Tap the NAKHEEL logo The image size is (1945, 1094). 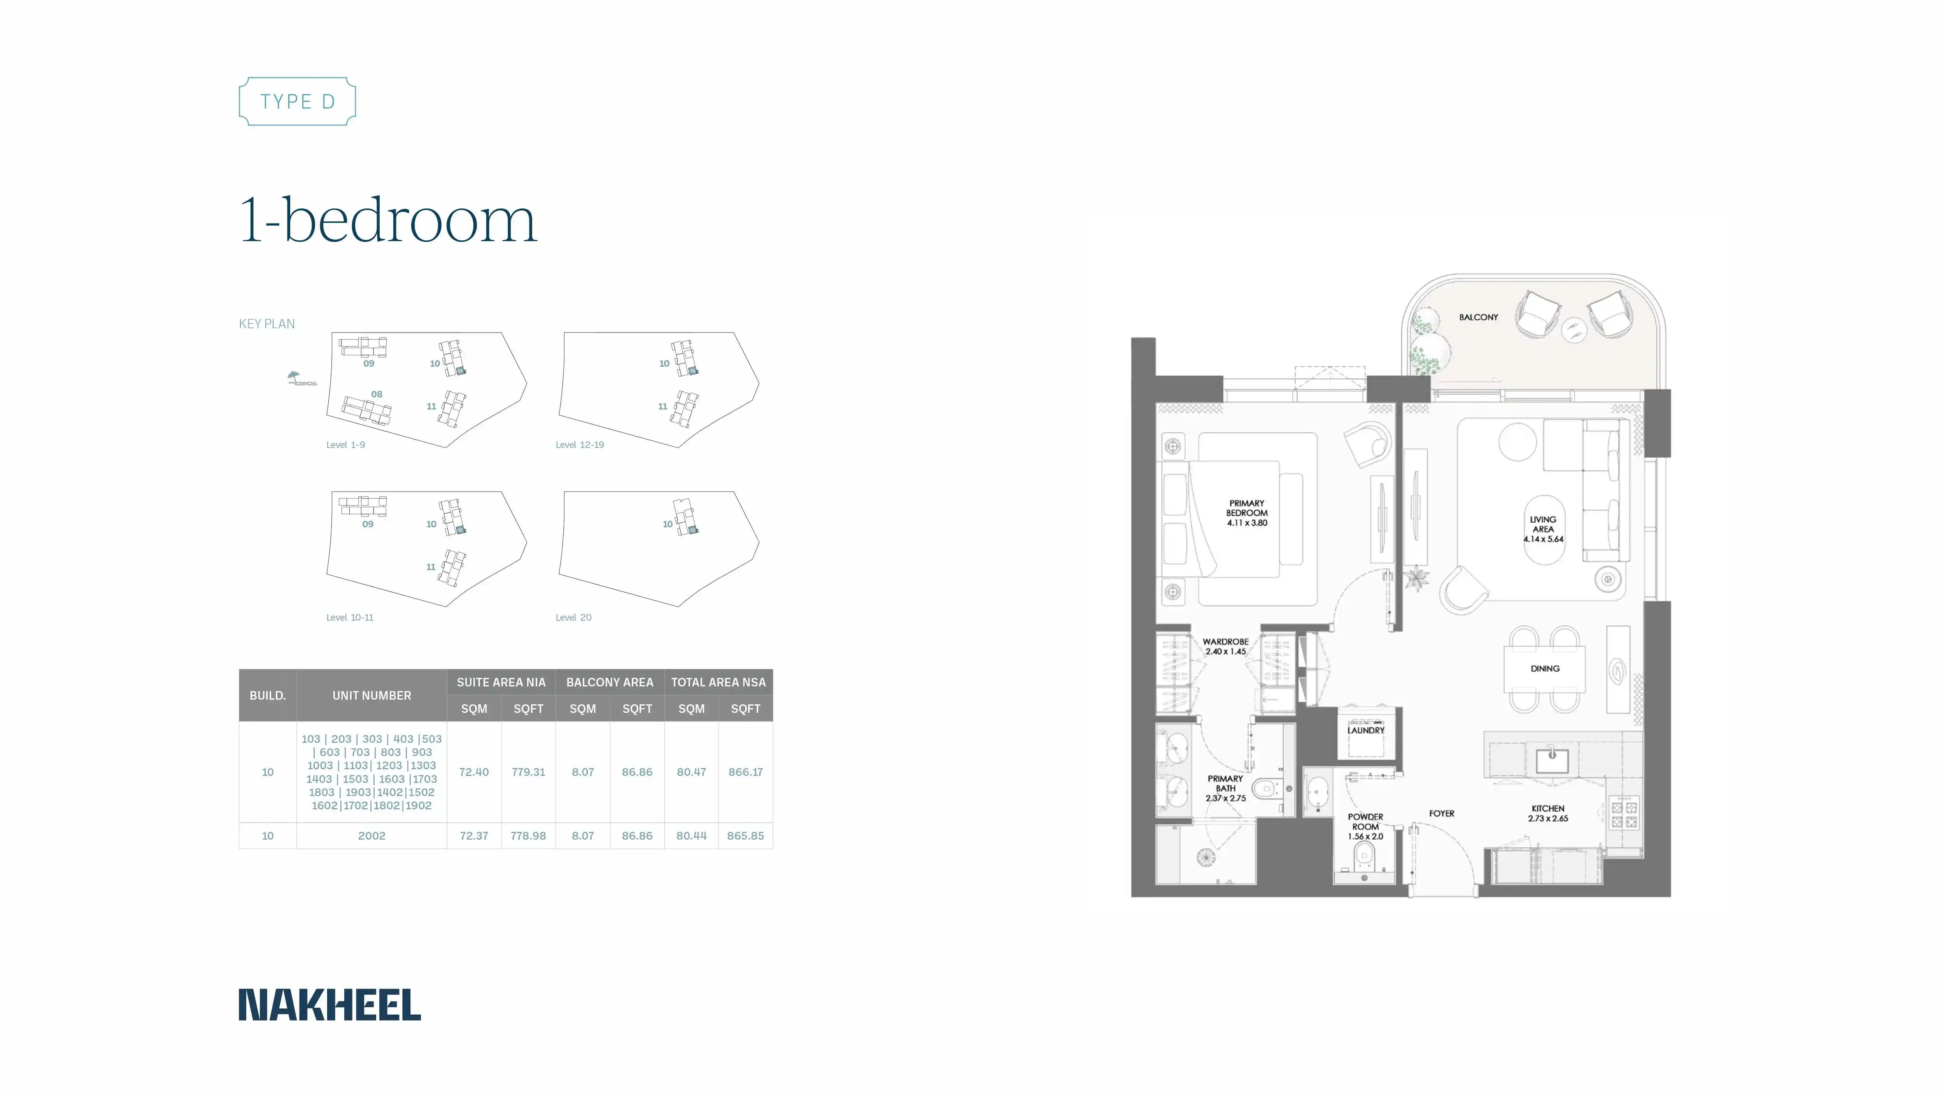tap(330, 1005)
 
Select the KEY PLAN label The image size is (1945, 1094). tap(266, 324)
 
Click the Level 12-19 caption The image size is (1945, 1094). tap(580, 445)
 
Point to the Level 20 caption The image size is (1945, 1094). tap(574, 618)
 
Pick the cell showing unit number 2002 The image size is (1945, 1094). tap(371, 836)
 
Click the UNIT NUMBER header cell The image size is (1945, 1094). tap(371, 695)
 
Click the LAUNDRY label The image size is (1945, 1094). tap(1366, 730)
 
